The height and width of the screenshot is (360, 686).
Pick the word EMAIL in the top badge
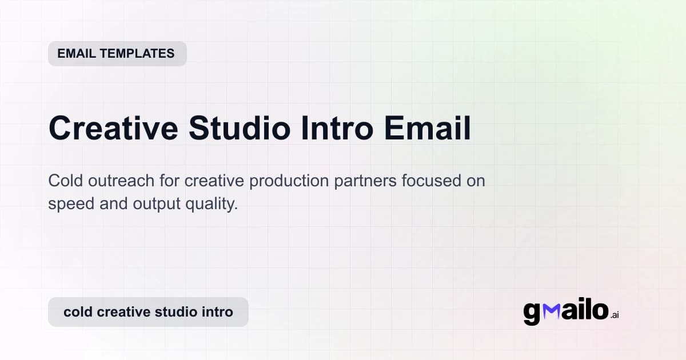[77, 54]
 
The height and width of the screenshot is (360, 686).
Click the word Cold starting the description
[65, 182]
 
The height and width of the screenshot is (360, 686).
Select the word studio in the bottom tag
[178, 312]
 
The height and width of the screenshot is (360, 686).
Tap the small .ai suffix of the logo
[615, 315]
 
